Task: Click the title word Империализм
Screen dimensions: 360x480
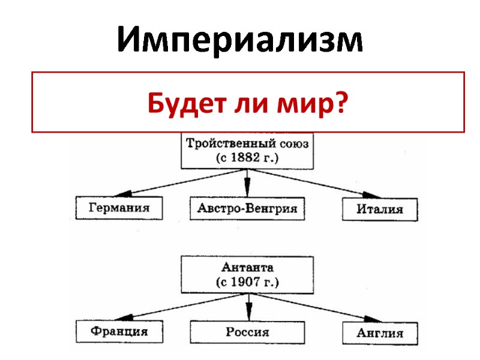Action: pos(240,41)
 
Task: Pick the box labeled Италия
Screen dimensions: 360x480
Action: pos(380,210)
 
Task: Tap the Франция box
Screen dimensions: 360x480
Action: pos(119,331)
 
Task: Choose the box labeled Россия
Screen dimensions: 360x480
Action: pos(247,332)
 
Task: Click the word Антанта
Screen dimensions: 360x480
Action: pos(248,266)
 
